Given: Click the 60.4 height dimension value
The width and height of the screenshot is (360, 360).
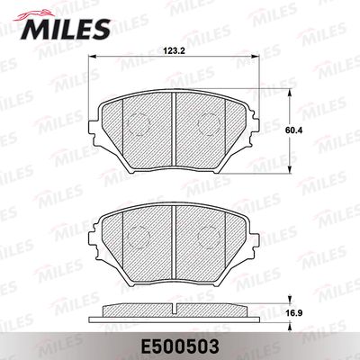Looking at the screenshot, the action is pos(293,130).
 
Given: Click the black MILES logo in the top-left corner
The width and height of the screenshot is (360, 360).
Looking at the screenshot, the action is pos(65,29).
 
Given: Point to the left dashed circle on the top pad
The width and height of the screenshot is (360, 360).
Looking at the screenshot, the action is pos(139,124).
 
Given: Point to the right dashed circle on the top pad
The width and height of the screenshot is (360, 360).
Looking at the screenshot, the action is pos(209,124).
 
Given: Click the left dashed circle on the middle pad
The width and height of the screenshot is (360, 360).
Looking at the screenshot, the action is pos(139,237).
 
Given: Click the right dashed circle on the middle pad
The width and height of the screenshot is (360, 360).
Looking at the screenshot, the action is pos(209,236).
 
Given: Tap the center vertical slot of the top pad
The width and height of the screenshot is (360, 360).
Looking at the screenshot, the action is pos(174,130).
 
